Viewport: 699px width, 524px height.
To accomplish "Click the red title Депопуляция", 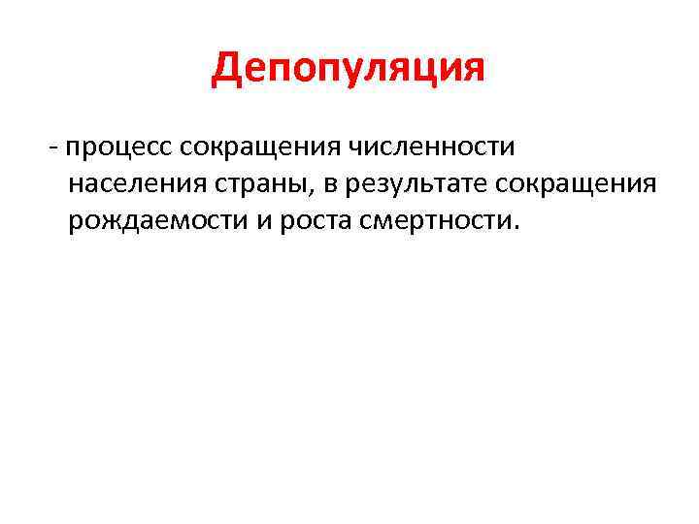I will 349,70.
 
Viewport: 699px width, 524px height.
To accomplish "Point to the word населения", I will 132,184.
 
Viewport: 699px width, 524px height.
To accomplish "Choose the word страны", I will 250,184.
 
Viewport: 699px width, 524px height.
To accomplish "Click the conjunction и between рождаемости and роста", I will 263,220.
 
